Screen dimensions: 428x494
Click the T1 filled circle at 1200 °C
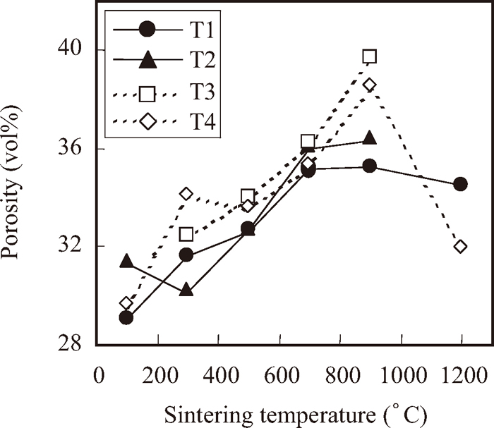coord(460,184)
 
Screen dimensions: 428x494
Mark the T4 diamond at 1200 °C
coord(460,246)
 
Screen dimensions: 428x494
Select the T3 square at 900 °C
coord(369,56)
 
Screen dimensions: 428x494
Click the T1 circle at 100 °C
coord(126,317)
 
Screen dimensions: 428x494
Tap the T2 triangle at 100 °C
coord(126,262)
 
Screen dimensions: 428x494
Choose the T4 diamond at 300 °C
coord(186,193)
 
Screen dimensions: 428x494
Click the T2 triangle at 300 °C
coord(186,290)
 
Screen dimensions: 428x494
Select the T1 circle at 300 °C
coord(186,255)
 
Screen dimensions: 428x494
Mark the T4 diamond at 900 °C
coord(369,85)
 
